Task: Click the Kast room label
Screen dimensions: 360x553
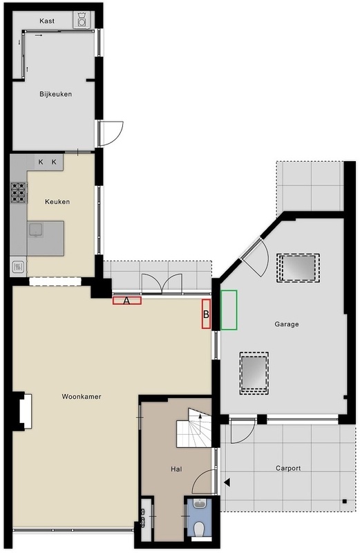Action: tap(47, 21)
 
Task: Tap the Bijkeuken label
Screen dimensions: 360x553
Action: tap(56, 94)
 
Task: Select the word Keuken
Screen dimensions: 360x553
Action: tap(57, 202)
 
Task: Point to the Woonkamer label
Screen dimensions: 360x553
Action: tap(82, 396)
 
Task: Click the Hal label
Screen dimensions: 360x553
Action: tap(176, 469)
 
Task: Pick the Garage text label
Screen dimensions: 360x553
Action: tap(287, 324)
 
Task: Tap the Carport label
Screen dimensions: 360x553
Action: tap(288, 469)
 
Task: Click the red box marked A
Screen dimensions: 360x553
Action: tap(127, 301)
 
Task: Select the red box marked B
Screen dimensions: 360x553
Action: tap(207, 314)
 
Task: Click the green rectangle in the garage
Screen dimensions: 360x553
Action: tap(229, 310)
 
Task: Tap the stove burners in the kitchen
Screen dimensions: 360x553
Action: tap(19, 193)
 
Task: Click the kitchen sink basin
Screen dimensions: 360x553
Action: tap(36, 229)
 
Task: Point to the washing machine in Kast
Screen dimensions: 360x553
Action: tap(82, 20)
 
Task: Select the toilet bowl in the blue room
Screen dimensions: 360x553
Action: tap(200, 529)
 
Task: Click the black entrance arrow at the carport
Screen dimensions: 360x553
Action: tap(227, 482)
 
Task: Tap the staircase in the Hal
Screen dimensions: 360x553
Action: tap(194, 428)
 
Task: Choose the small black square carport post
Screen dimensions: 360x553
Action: tap(345, 501)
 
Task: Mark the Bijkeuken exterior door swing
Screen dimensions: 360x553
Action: tap(111, 133)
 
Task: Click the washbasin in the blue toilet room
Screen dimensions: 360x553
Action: tap(200, 504)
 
